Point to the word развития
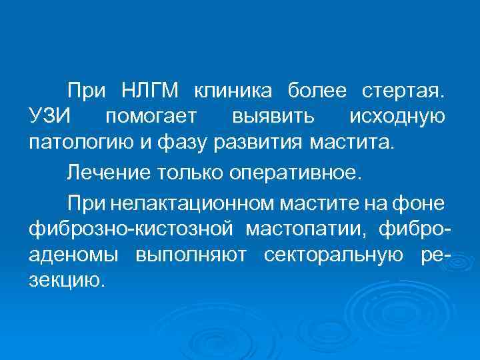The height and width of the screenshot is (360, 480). [x=262, y=142]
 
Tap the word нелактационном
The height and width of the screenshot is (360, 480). [x=193, y=202]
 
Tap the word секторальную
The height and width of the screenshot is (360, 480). [x=331, y=257]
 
